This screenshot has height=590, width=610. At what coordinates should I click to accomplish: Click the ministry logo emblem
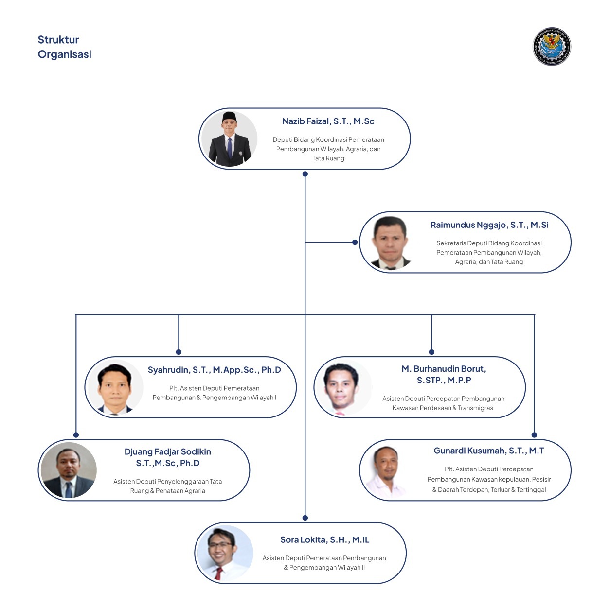[x=552, y=47]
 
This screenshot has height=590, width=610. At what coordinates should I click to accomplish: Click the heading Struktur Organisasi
[x=64, y=47]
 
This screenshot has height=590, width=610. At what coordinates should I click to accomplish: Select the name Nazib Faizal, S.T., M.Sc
[x=328, y=121]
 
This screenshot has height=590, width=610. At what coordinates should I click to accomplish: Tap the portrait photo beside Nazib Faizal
[x=229, y=139]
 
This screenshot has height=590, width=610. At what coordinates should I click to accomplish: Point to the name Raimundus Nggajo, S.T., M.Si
[x=489, y=225]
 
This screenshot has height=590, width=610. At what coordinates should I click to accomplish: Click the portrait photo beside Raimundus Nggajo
[x=390, y=243]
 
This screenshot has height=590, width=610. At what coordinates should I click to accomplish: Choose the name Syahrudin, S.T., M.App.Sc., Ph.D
[x=215, y=370]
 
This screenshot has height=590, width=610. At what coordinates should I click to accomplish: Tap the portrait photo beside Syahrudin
[x=115, y=388]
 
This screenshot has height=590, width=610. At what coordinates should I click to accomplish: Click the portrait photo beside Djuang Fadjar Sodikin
[x=69, y=470]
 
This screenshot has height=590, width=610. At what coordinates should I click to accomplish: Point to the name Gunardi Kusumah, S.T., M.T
[x=489, y=451]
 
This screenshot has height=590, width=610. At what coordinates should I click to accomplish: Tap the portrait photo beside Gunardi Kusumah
[x=388, y=470]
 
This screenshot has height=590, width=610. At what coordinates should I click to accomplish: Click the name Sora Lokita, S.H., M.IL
[x=324, y=540]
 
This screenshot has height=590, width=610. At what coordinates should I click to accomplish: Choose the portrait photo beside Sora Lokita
[x=225, y=553]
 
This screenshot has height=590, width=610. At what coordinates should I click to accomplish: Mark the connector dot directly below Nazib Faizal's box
[x=305, y=174]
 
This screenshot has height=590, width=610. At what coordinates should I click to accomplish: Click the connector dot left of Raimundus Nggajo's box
[x=355, y=242]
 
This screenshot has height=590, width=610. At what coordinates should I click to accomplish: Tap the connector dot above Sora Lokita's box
[x=305, y=518]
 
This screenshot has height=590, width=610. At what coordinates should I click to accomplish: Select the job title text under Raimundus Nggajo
[x=489, y=252]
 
